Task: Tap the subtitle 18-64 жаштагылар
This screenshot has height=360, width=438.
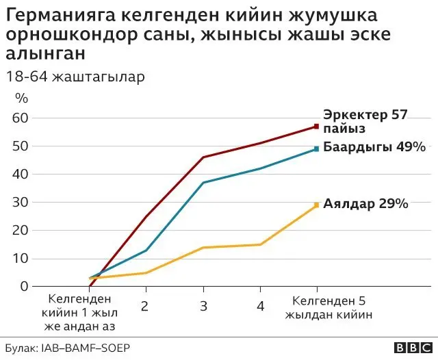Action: coord(75,76)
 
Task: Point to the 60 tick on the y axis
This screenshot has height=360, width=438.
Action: coord(21,118)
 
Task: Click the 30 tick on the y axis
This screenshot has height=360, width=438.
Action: coord(21,202)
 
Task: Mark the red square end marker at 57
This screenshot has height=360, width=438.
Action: coord(317,126)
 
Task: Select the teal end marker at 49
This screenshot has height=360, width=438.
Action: coord(317,149)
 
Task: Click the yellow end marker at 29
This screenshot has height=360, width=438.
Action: coord(317,205)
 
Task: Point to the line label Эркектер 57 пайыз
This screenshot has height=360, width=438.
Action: coord(365,122)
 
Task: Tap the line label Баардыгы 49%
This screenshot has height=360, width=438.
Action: coord(374,147)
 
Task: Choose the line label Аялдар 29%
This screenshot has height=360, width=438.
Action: coord(366,204)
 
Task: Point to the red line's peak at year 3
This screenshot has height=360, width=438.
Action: coord(203,157)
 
